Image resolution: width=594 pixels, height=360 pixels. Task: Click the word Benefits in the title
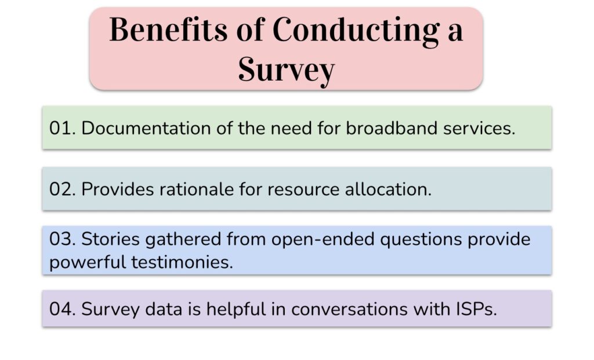[169, 30]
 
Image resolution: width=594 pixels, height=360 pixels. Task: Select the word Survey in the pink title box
[287, 71]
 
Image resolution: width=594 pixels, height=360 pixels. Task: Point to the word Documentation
[146, 128]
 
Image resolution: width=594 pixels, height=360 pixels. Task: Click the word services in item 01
[479, 128]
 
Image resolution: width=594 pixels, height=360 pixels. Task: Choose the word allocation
[388, 189]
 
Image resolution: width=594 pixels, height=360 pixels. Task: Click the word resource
[303, 190]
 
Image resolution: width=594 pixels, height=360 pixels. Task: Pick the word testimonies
[182, 262]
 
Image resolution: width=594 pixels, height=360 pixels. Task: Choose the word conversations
[349, 310]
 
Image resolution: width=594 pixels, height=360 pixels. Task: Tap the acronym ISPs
[473, 309]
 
